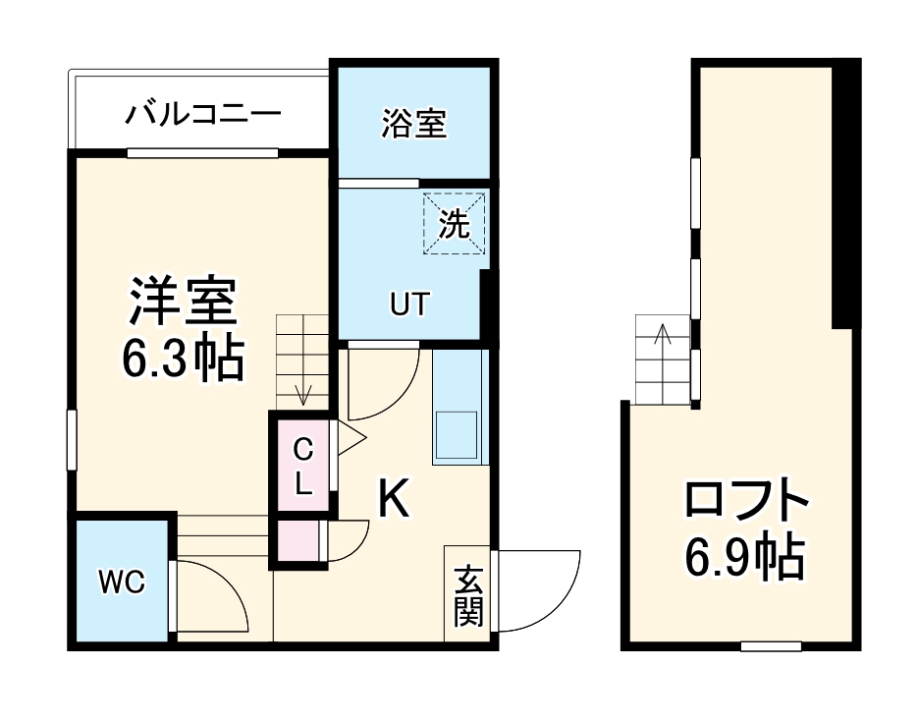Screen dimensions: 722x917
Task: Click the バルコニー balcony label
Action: (202, 115)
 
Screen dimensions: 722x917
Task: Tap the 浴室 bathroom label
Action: (413, 124)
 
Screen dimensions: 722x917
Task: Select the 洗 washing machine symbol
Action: (454, 225)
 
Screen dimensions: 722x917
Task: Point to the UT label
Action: (409, 305)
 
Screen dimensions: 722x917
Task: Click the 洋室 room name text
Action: (184, 302)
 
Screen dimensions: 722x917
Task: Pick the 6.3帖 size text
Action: (184, 360)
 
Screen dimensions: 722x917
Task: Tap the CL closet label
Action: (303, 467)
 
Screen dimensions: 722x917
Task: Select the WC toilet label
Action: (121, 583)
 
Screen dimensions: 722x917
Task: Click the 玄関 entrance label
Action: (467, 594)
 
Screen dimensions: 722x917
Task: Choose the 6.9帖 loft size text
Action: (746, 560)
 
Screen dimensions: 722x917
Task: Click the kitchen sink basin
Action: (456, 433)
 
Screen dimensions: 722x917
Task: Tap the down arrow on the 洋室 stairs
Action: (303, 393)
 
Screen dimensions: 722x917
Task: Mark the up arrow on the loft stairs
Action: (663, 335)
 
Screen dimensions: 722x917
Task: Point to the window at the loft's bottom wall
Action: (771, 645)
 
